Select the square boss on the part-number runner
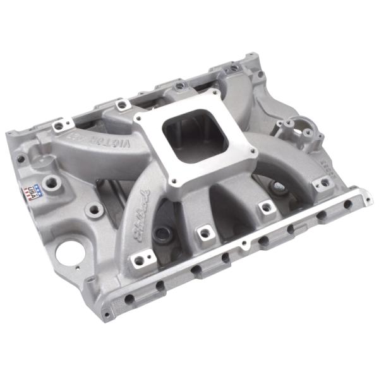tap(322, 183)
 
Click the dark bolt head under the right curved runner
tap(278, 186)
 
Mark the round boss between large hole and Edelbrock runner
tap(95, 208)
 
